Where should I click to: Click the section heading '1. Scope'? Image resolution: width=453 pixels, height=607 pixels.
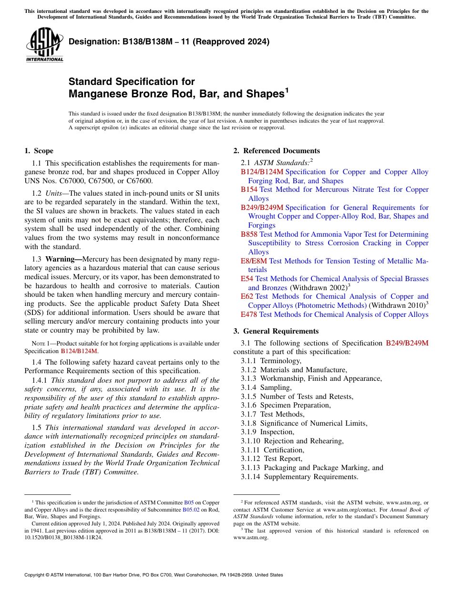tap(39, 151)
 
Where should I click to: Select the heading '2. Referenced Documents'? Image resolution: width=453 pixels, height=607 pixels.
tap(277, 151)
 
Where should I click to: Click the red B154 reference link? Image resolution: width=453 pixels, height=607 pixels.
tap(249, 189)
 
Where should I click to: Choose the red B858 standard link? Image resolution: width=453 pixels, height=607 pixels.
tap(249, 234)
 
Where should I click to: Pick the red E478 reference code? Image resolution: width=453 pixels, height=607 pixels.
tap(249, 314)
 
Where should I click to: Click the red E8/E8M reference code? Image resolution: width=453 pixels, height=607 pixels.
tap(254, 261)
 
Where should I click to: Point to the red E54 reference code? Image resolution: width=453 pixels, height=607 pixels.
tap(247, 279)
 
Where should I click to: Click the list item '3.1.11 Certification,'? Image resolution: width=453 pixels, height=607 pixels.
tap(272, 450)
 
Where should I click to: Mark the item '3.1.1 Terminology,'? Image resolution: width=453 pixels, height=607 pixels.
tap(271, 361)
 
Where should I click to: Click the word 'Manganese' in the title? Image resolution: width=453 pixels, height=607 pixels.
tap(93, 94)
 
